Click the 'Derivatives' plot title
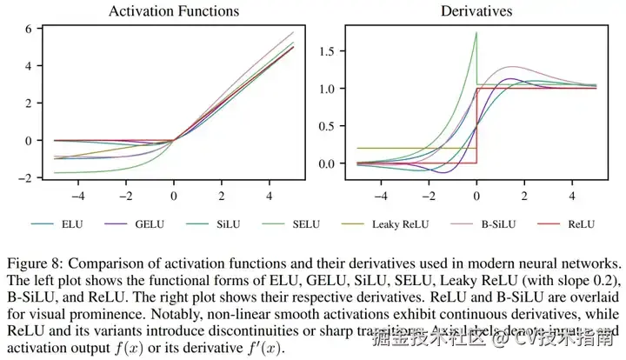[x=476, y=11]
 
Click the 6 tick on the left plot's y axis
[x=28, y=29]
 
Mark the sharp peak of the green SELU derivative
[x=476, y=33]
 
